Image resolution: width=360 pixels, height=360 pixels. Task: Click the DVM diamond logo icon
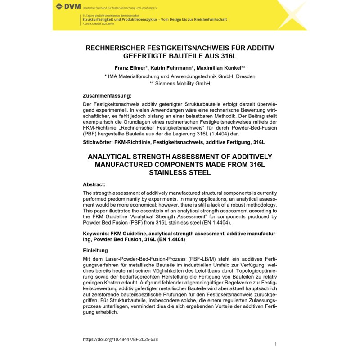point(59,6)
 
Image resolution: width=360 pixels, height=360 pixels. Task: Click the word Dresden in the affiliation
point(244,76)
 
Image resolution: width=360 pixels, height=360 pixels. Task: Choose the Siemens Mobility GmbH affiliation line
point(180,84)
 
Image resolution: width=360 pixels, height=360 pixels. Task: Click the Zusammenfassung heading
point(107,96)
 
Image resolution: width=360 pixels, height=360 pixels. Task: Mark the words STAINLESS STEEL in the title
point(180,173)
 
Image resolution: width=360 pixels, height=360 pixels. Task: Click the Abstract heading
point(94,184)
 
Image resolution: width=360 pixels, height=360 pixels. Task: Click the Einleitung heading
point(96,250)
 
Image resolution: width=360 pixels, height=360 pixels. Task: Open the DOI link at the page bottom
point(120,339)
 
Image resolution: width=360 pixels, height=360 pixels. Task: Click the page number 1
point(275,344)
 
